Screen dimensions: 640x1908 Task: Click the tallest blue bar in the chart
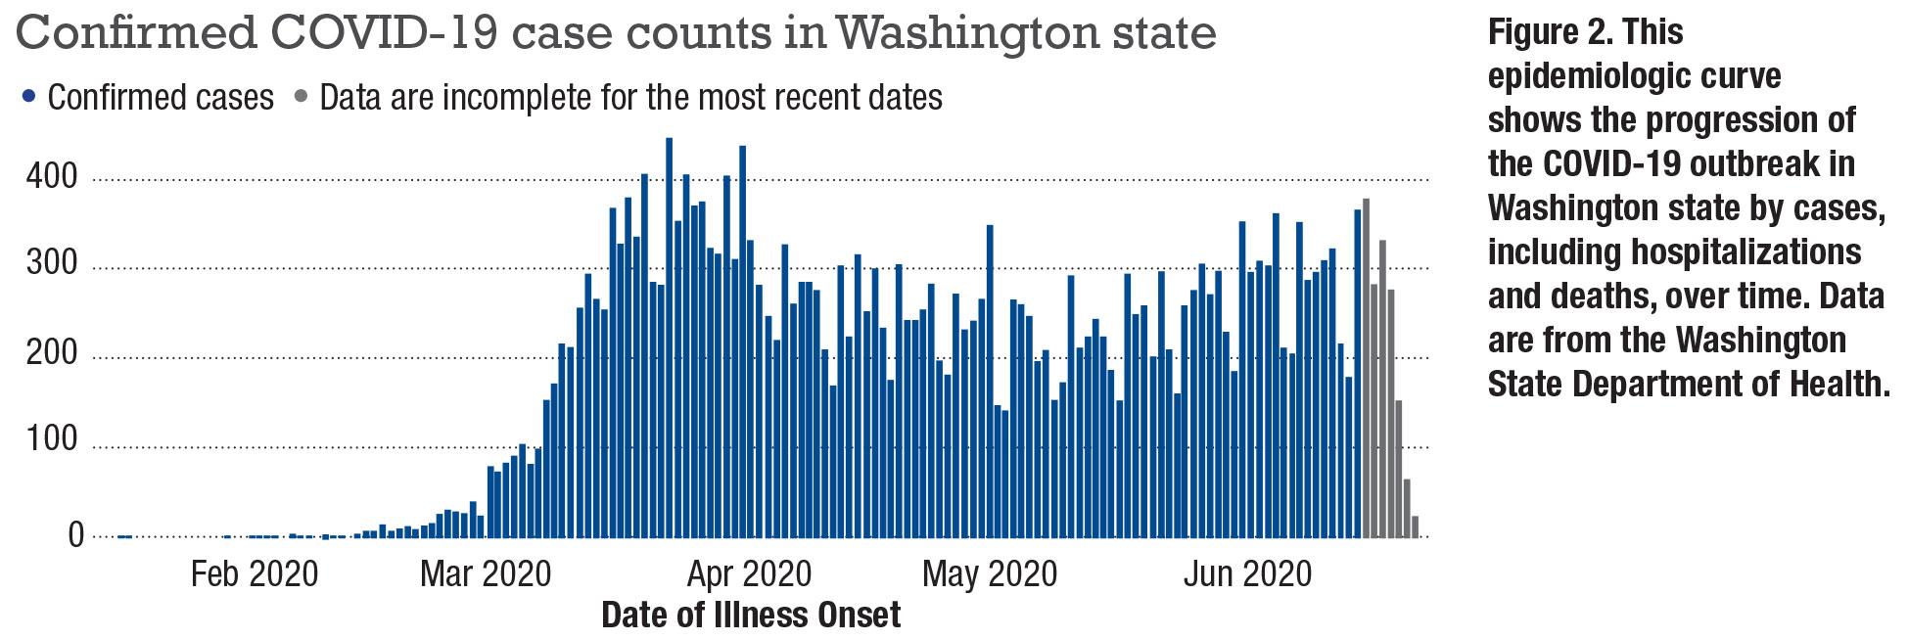tap(670, 338)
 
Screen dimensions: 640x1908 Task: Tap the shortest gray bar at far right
tap(1415, 526)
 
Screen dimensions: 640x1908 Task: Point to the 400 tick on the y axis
tap(52, 177)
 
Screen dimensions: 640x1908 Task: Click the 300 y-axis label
tap(52, 264)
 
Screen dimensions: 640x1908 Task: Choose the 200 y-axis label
tap(52, 352)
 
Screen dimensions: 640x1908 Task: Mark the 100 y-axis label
tap(52, 439)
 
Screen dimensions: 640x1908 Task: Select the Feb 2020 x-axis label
tap(255, 574)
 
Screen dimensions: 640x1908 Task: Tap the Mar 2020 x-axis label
tap(486, 574)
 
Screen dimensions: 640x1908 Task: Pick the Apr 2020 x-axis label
tap(749, 574)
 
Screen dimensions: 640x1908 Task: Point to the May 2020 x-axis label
tap(990, 574)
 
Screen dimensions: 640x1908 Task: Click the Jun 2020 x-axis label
tap(1247, 574)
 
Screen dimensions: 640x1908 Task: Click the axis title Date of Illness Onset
tap(751, 616)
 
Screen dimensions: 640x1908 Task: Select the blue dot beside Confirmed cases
tap(29, 97)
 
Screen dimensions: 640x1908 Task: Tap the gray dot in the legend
tap(301, 97)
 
